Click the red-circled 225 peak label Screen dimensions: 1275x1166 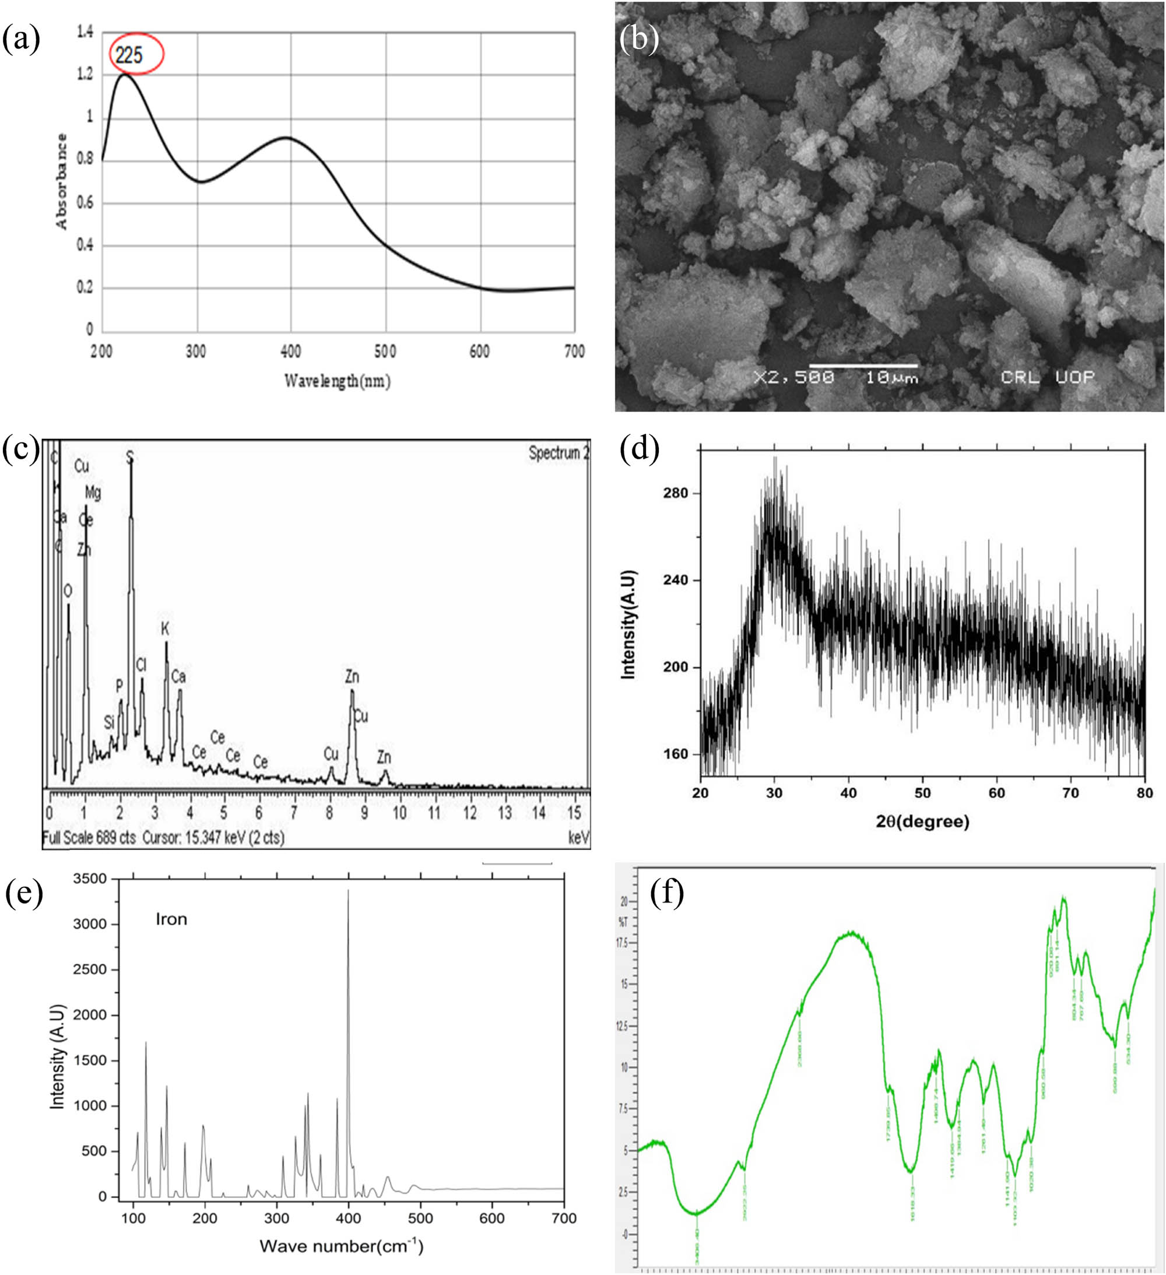129,55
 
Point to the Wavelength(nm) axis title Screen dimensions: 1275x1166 337,380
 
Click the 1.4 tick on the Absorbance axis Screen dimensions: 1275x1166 85,31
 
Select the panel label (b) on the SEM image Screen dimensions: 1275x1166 638,39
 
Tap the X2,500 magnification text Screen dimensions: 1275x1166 794,378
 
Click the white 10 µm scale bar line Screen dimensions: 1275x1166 863,366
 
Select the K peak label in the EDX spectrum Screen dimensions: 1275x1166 165,628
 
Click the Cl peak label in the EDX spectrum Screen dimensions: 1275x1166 141,665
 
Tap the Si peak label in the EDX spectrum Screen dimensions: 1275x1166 110,722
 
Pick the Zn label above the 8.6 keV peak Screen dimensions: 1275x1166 352,677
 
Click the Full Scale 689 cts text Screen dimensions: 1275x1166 89,838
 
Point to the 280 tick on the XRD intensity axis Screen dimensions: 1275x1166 675,493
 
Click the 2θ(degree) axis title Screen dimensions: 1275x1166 922,821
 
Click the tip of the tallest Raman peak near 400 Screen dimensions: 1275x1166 348,890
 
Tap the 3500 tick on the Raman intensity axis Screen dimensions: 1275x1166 90,879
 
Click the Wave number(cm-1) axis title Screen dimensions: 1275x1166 342,1246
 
